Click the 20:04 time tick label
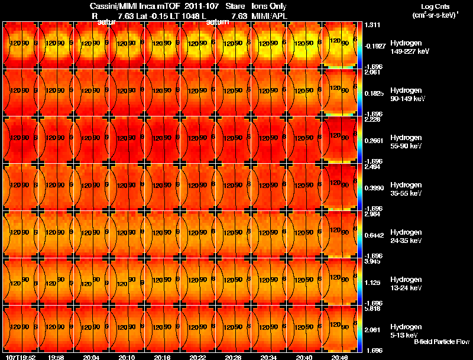pyautogui.click(x=91, y=357)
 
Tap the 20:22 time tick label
pyautogui.click(x=198, y=357)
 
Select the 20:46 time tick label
pyautogui.click(x=341, y=357)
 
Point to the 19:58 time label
pyautogui.click(x=56, y=357)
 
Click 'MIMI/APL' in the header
pyautogui.click(x=270, y=15)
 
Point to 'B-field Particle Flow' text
pyautogui.click(x=442, y=342)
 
